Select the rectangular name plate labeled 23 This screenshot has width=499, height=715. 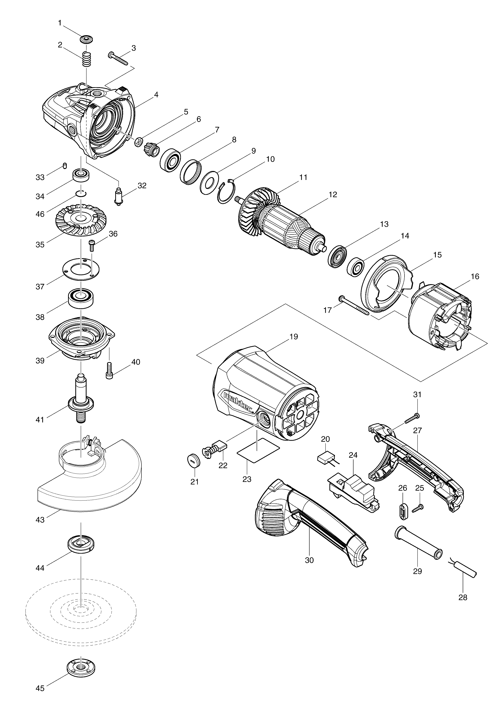click(258, 451)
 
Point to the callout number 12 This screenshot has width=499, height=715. click(333, 195)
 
